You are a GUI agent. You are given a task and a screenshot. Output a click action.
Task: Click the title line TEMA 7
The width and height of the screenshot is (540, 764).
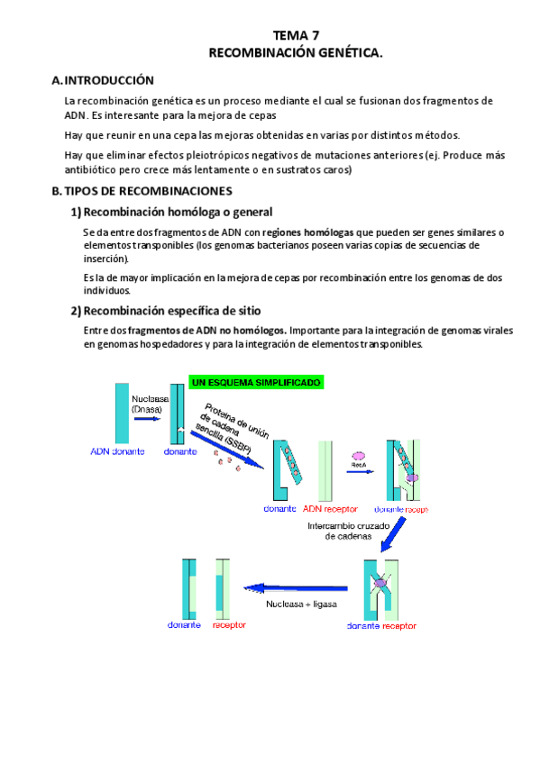coord(296,35)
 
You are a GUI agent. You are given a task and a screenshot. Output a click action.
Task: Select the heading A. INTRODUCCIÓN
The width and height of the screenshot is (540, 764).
coord(103,80)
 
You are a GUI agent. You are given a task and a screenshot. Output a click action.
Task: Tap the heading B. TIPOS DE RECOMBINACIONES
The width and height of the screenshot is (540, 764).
coord(142,191)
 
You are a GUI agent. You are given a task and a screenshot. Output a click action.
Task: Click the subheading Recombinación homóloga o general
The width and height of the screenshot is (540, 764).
coord(171,212)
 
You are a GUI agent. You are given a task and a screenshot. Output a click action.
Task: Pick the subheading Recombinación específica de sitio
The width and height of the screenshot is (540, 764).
coord(166,311)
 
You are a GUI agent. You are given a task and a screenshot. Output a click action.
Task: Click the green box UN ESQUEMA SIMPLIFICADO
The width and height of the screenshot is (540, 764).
coord(256,383)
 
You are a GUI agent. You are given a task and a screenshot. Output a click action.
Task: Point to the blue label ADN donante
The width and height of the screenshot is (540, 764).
coord(117,451)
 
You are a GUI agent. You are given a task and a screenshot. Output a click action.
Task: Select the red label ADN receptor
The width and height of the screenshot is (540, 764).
coord(330,509)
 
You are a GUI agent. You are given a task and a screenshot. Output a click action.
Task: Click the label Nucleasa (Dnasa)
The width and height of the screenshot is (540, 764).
coord(151,404)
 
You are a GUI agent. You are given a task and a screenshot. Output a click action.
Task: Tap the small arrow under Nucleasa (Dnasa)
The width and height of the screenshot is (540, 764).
coord(147,419)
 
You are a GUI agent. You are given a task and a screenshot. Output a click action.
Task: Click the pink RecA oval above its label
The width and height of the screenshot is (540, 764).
coord(359,456)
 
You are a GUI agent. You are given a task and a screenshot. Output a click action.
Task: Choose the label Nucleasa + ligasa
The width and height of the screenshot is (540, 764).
coord(301,605)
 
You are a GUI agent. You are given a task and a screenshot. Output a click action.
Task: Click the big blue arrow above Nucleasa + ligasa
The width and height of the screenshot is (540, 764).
coord(296,588)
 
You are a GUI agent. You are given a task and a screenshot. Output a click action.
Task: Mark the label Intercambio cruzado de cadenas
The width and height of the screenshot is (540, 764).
coord(349,531)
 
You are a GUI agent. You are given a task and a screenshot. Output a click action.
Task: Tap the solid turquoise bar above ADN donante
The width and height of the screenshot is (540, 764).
coord(122,414)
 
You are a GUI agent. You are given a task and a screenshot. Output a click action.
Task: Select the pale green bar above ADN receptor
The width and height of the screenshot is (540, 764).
coord(325,470)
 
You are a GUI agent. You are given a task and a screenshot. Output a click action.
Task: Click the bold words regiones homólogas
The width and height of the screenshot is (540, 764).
coord(307,232)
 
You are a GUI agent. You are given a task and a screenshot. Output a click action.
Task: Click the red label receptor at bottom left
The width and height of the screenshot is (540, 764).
coord(229,625)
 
